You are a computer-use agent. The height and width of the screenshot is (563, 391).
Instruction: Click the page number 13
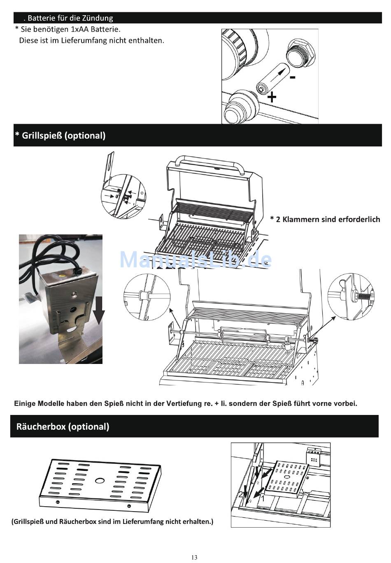click(x=194, y=557)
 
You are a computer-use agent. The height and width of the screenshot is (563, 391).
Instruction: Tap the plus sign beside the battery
click(x=272, y=97)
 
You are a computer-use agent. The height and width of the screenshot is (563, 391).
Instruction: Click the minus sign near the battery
click(x=292, y=77)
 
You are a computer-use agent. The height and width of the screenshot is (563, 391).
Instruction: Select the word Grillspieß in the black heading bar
click(x=42, y=135)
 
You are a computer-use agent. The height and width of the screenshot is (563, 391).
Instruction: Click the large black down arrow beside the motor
click(x=99, y=314)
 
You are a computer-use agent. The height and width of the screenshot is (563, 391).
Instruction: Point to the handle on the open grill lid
click(x=210, y=162)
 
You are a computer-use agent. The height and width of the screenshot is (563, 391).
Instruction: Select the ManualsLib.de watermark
click(x=195, y=259)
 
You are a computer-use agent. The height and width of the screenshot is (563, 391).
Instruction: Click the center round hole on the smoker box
click(x=99, y=480)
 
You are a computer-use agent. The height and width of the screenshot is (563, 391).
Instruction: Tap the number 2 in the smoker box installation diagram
click(x=240, y=495)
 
